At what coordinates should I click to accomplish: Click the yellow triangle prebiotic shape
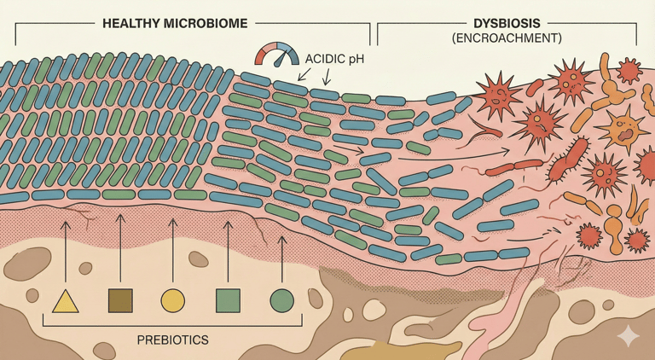(x=66, y=301)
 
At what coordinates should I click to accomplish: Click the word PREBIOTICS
(x=173, y=340)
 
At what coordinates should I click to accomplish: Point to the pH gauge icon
(x=275, y=57)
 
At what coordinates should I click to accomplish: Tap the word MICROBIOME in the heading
(x=207, y=24)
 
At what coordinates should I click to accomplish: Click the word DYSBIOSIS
(x=507, y=24)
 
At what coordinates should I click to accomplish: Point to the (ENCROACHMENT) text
(x=507, y=40)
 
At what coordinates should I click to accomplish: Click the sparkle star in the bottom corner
(x=629, y=335)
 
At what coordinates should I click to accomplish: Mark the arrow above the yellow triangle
(x=66, y=247)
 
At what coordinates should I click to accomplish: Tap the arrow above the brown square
(x=119, y=247)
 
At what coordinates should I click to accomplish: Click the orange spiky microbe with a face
(x=623, y=128)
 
